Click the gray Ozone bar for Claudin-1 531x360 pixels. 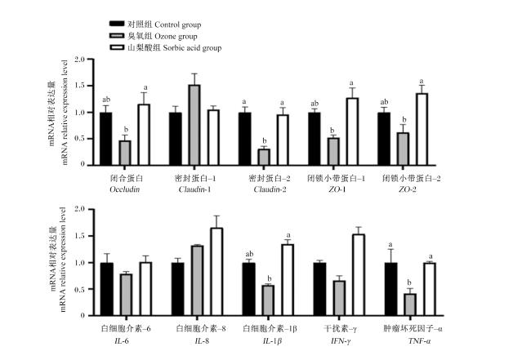194,125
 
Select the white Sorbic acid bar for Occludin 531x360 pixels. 145,135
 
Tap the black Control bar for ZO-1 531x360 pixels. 315,139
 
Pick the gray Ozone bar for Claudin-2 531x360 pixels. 265,157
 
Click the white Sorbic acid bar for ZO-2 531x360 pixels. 422,129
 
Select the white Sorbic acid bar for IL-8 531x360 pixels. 216,272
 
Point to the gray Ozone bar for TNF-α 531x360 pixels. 410,304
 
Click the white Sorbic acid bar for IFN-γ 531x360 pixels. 359,275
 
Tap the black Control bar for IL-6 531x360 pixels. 107,289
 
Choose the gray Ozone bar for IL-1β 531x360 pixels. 269,300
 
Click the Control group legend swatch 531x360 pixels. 117,24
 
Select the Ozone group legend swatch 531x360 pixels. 117,36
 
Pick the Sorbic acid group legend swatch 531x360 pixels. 117,47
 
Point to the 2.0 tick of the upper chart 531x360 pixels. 90,60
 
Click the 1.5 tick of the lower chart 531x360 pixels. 90,236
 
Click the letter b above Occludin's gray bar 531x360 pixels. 126,130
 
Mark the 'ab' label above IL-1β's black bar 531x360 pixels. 249,254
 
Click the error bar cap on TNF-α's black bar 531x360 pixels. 391,249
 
